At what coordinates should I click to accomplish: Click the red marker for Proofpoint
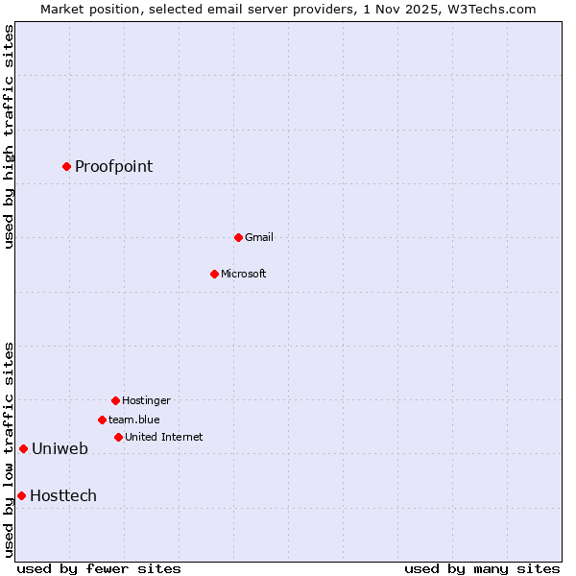(66, 166)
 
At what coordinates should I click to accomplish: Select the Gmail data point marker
(238, 237)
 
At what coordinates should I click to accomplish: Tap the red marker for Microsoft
(214, 274)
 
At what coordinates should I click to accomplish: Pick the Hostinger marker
(115, 400)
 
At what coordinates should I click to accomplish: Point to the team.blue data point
(102, 420)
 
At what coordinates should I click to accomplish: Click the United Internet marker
(118, 437)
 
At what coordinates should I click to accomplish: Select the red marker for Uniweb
(23, 448)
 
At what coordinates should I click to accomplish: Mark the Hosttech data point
(21, 495)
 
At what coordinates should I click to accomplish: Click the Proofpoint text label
(113, 166)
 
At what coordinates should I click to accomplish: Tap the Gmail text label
(259, 237)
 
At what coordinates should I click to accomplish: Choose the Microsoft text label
(243, 274)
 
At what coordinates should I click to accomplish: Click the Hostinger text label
(146, 400)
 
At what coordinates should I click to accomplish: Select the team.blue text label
(133, 420)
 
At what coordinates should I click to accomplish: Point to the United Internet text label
(163, 437)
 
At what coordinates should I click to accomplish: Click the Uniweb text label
(60, 448)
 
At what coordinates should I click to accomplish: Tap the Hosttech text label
(63, 495)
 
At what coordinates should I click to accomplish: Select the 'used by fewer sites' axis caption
(99, 568)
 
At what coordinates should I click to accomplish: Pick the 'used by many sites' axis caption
(482, 568)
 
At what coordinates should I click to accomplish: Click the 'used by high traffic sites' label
(9, 136)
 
